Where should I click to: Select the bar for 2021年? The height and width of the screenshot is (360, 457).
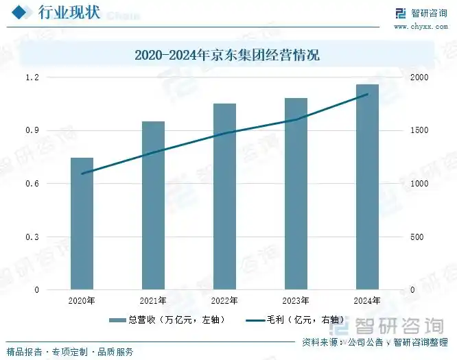point(153,206)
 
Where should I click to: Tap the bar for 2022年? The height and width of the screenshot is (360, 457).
point(224,197)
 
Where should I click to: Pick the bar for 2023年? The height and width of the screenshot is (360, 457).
point(296,194)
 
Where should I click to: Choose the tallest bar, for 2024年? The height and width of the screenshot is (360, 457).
point(367,187)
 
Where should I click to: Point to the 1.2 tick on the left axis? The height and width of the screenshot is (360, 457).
point(52,77)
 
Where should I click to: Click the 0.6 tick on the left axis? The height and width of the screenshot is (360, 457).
point(52,184)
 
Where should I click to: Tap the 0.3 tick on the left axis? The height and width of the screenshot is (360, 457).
point(52,237)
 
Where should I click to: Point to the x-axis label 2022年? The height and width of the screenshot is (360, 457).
point(224,301)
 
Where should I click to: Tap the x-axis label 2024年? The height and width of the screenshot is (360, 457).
point(367,301)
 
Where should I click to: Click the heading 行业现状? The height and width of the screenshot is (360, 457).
point(69,13)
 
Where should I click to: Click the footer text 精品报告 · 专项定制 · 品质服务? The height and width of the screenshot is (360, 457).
point(69,352)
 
